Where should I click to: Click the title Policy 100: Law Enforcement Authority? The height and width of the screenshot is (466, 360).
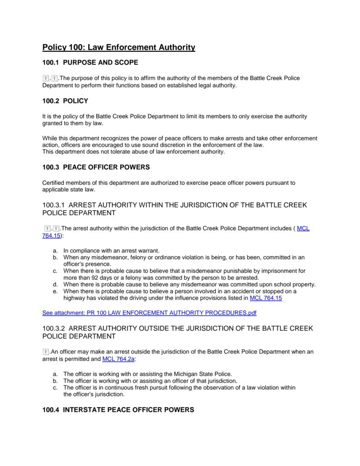click(x=119, y=47)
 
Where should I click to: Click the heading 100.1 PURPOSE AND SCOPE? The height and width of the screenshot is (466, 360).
click(x=90, y=62)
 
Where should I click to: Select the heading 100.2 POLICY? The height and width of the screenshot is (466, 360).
click(x=65, y=101)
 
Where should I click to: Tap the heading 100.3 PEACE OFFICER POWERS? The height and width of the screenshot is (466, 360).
click(x=96, y=167)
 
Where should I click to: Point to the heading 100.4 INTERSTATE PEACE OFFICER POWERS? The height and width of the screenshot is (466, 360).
click(x=118, y=410)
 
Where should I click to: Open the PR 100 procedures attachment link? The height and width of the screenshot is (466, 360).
click(x=149, y=313)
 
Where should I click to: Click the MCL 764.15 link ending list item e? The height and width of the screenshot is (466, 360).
click(x=266, y=298)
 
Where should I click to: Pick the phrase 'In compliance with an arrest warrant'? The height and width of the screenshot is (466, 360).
click(x=112, y=250)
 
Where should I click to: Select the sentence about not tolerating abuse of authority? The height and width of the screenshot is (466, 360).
click(x=133, y=152)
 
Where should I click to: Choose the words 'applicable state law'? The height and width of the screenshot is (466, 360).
click(x=69, y=189)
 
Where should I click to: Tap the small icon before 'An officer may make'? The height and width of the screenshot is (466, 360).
click(x=46, y=352)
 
